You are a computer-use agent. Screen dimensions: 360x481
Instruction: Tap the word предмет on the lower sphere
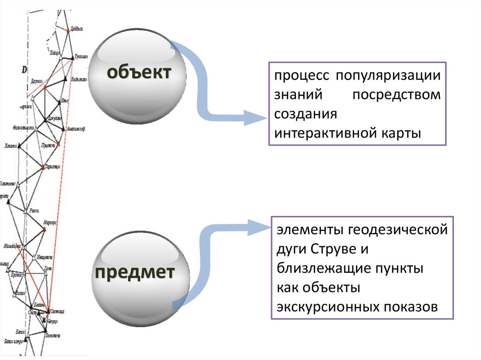click(135, 272)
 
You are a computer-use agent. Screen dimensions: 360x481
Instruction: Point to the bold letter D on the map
click(23, 70)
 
